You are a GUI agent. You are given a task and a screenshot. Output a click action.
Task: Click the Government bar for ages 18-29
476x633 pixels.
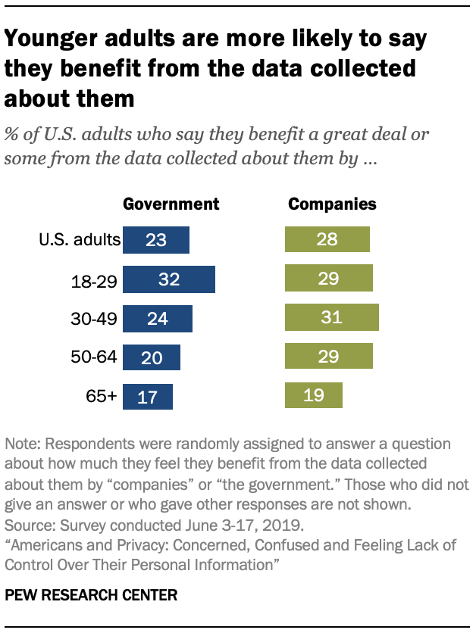point(169,279)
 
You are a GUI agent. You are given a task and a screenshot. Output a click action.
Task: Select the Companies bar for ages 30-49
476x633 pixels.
point(331,318)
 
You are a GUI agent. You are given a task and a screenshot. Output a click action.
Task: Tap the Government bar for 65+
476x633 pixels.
point(148,396)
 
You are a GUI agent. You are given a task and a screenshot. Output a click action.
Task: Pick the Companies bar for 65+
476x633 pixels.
point(314,395)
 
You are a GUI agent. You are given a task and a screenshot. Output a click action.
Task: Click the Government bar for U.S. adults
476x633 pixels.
point(155,240)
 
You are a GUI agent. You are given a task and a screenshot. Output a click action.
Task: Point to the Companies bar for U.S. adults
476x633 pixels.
point(327,240)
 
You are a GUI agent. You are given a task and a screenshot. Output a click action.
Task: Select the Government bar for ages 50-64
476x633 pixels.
point(152,357)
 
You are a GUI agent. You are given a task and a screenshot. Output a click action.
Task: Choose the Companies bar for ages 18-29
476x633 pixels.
point(328,279)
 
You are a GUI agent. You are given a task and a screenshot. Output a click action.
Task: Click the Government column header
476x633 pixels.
point(171,204)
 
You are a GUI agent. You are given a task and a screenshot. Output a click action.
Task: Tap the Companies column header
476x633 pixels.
point(331,204)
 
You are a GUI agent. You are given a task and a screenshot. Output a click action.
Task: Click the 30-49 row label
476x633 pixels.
point(93,319)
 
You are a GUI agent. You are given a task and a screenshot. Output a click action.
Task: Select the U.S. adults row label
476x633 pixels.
point(80,241)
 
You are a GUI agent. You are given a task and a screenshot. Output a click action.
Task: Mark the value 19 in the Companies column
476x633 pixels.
point(314,396)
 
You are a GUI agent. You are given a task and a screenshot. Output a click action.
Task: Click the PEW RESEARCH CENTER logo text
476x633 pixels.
point(91,596)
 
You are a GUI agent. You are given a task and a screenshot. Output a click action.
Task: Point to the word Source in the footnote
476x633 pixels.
point(26,524)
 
